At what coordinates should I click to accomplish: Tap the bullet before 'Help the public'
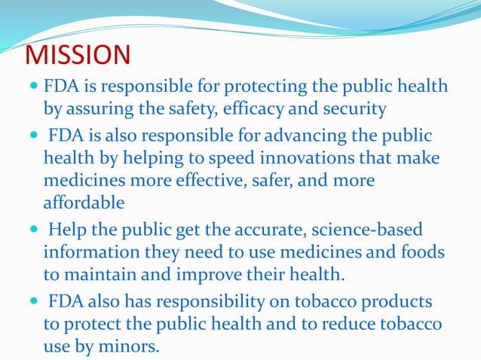(x=33, y=229)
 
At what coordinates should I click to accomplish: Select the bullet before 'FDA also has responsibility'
(x=33, y=301)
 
